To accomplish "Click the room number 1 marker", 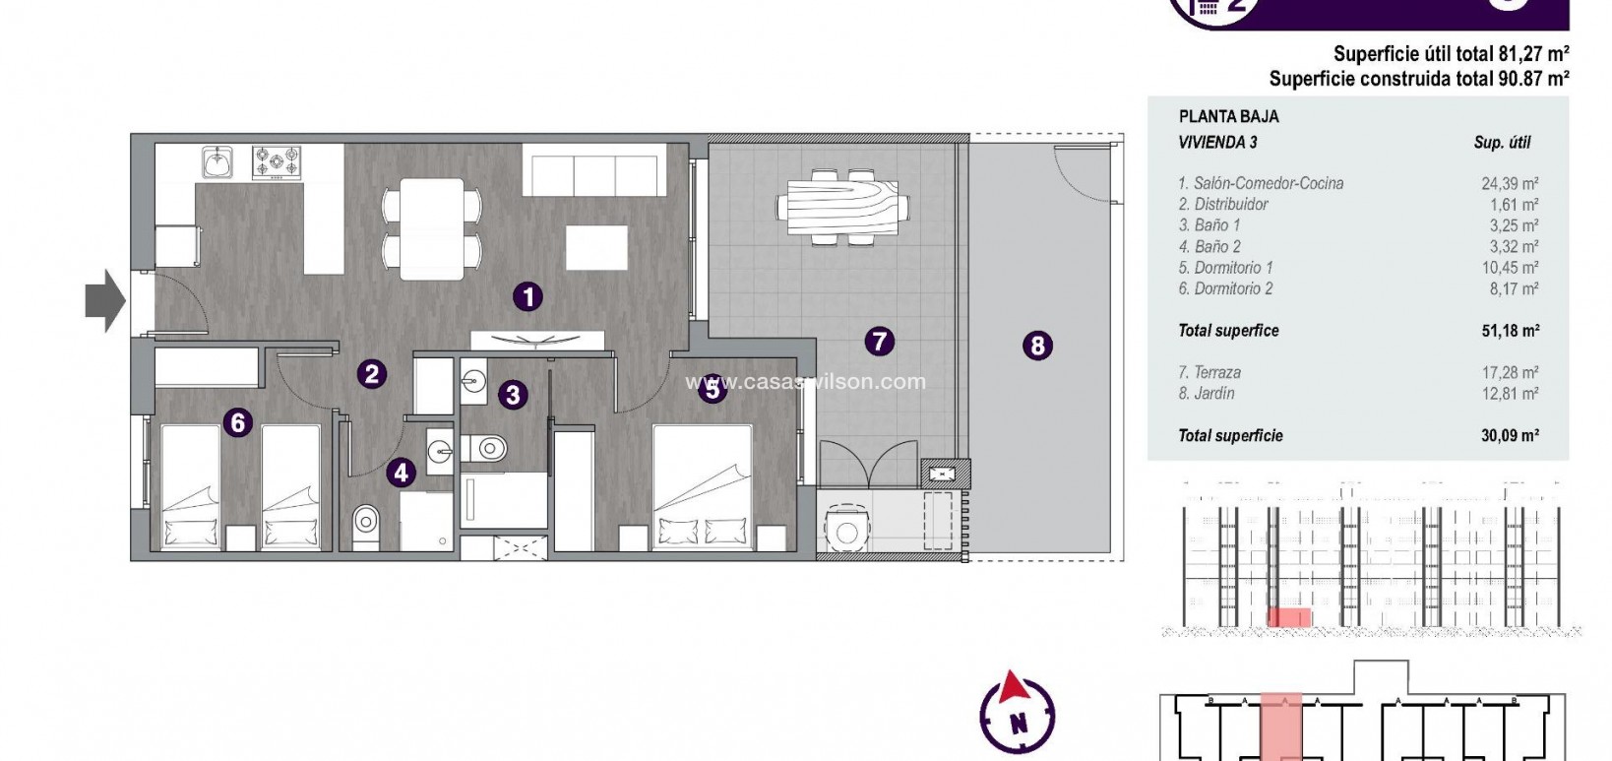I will coord(528,296).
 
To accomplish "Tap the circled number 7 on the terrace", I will coord(879,342).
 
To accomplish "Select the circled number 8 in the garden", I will coord(1037,346).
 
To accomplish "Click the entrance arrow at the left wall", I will coord(104,302).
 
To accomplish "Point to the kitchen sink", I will coord(217,160).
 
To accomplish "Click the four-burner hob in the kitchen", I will coord(277,161).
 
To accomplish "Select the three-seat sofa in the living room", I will coord(594,169).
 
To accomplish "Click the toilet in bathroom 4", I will coord(365,519).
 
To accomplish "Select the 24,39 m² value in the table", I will coord(1510,183).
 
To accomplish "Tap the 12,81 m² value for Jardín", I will coord(1510,394).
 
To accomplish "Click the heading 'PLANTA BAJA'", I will coord(1228,116).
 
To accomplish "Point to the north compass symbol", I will coord(1018,712).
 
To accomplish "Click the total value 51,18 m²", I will coord(1510,331).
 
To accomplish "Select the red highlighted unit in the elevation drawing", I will coord(1288,617).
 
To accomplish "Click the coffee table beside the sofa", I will coord(596,247).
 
